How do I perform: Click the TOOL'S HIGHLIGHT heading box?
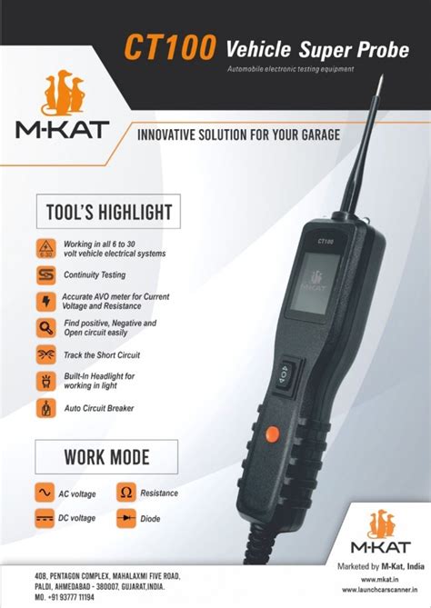coord(108,212)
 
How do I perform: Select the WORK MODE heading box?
coord(105,455)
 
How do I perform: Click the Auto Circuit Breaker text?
coord(99,409)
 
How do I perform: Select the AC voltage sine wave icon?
coord(43,493)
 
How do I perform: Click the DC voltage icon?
coord(43,518)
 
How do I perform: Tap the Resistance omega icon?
coord(126,493)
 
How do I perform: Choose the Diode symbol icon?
coord(126,518)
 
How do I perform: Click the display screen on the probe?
coord(314,283)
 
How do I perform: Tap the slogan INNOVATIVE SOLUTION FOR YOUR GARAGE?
coord(238,135)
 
